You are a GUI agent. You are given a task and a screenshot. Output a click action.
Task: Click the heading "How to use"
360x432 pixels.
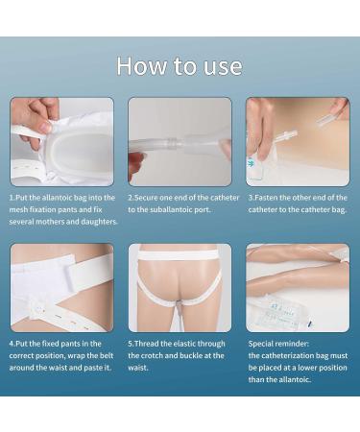(x=180, y=66)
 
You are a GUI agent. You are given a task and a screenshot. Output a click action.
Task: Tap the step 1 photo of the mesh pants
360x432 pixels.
(x=61, y=141)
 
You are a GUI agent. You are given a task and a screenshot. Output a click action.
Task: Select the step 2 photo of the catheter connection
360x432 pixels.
(x=180, y=141)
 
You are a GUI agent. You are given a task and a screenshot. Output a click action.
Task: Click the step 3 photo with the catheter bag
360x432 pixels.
(x=298, y=141)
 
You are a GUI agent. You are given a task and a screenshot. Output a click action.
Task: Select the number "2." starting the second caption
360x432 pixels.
(x=132, y=198)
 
